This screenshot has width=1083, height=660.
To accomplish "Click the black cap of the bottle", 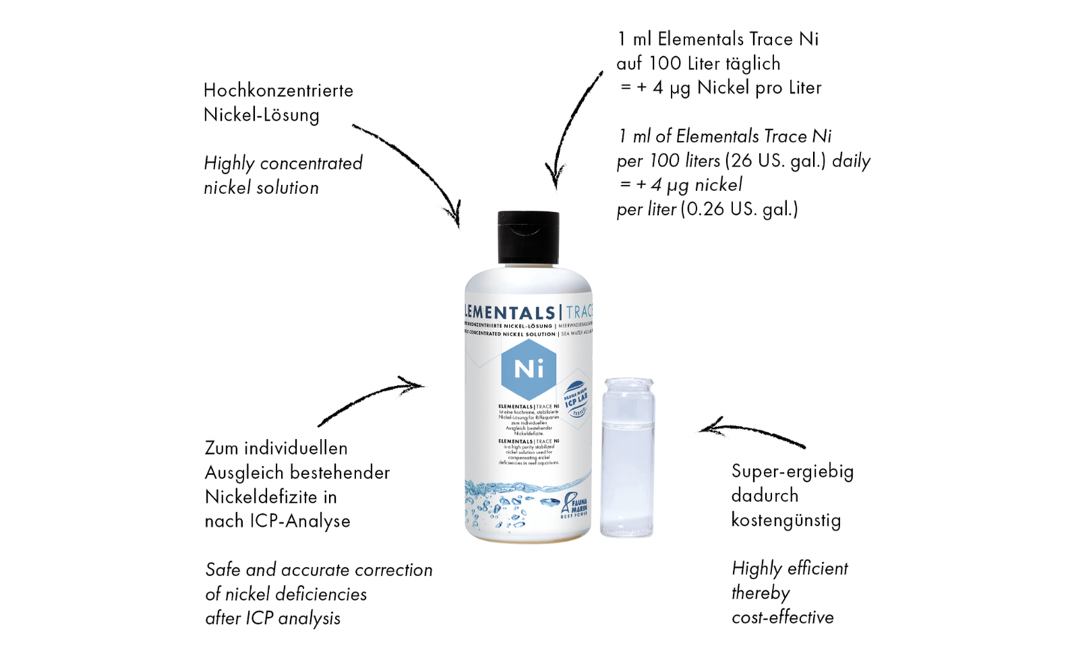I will click(x=528, y=237).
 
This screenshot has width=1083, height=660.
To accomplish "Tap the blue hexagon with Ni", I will click(x=528, y=369).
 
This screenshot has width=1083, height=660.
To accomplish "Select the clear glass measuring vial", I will click(x=627, y=457).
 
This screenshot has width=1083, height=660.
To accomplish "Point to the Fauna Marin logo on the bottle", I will click(x=574, y=506).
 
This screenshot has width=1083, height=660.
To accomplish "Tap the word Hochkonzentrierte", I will click(x=278, y=91).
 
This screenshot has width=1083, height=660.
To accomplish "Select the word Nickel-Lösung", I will click(x=262, y=115).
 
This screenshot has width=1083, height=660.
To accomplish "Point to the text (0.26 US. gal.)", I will click(x=739, y=209).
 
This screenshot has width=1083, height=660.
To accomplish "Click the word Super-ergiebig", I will click(x=792, y=471).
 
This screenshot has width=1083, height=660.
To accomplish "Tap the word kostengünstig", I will click(x=786, y=520).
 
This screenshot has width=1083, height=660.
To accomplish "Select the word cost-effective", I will click(x=782, y=617).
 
